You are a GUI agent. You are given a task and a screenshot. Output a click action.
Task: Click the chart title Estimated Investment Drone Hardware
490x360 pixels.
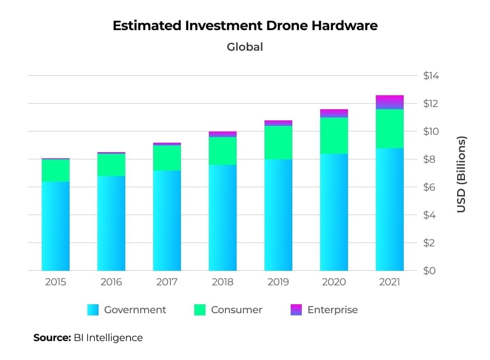point(245,26)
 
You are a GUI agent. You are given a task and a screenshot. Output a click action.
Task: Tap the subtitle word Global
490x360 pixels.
point(245,47)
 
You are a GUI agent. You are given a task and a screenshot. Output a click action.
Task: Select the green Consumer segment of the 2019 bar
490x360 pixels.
point(278,143)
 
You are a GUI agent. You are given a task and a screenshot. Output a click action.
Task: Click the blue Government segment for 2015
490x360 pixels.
point(56,226)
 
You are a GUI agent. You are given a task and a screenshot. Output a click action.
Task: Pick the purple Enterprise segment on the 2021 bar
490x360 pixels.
point(390,102)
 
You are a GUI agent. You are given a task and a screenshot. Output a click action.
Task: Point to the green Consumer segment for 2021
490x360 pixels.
point(390,129)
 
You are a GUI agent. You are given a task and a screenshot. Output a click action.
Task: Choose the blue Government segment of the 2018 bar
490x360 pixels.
point(223,217)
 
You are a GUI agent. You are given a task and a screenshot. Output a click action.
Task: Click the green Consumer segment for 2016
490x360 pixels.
point(111,165)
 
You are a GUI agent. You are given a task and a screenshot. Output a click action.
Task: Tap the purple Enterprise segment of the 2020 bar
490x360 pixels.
point(334,113)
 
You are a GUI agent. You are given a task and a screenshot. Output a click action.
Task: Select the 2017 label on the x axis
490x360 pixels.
point(167,283)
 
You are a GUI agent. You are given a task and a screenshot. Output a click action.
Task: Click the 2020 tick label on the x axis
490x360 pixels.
point(334,283)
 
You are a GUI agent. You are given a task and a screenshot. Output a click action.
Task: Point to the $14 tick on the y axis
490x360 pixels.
point(431,76)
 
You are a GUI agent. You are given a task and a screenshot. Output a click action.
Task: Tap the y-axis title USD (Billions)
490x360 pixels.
point(461,174)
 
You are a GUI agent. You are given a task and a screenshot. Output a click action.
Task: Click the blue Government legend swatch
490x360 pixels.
point(93,310)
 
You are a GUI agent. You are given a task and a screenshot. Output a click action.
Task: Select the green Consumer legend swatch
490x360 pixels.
point(199,310)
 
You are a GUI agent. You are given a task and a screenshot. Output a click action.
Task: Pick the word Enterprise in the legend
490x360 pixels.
point(332,310)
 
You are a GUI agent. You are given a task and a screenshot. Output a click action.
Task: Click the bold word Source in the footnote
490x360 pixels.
point(52,338)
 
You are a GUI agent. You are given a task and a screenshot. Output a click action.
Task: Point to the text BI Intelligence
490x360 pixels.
point(108,338)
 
